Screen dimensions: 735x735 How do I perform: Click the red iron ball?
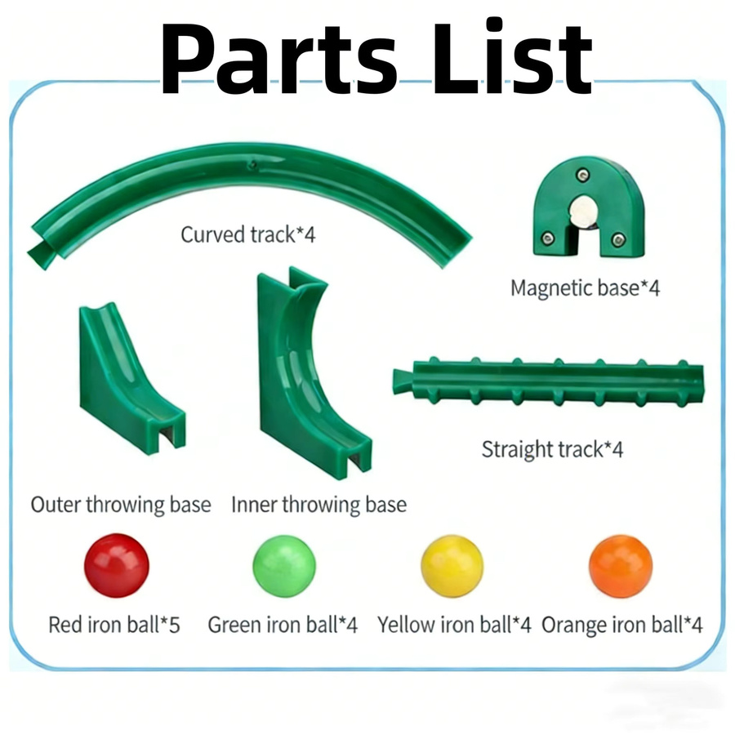(117, 565)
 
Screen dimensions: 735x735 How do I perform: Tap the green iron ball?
(284, 566)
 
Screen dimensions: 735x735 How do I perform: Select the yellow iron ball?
(452, 566)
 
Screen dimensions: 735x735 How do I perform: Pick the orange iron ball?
(621, 566)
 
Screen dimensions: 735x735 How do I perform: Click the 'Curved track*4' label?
(248, 235)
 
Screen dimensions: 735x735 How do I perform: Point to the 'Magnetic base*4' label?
(585, 287)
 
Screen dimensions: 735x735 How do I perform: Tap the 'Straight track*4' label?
(552, 449)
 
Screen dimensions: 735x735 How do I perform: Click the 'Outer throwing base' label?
(121, 505)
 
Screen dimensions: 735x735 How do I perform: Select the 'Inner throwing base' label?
(318, 505)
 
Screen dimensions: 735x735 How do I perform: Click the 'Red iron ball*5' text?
(114, 625)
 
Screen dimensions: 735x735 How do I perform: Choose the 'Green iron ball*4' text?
(283, 625)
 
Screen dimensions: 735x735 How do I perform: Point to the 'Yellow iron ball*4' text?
(454, 625)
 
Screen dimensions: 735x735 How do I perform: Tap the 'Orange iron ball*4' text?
(622, 625)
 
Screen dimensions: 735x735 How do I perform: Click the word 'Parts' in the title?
(279, 59)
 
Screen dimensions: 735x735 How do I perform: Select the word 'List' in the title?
(512, 56)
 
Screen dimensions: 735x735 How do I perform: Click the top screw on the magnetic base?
(582, 176)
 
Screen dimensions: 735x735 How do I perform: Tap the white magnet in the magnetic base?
(582, 212)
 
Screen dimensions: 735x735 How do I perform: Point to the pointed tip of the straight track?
(394, 381)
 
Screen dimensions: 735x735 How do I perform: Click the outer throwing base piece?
(127, 380)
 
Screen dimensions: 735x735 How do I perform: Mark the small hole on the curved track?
(252, 164)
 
